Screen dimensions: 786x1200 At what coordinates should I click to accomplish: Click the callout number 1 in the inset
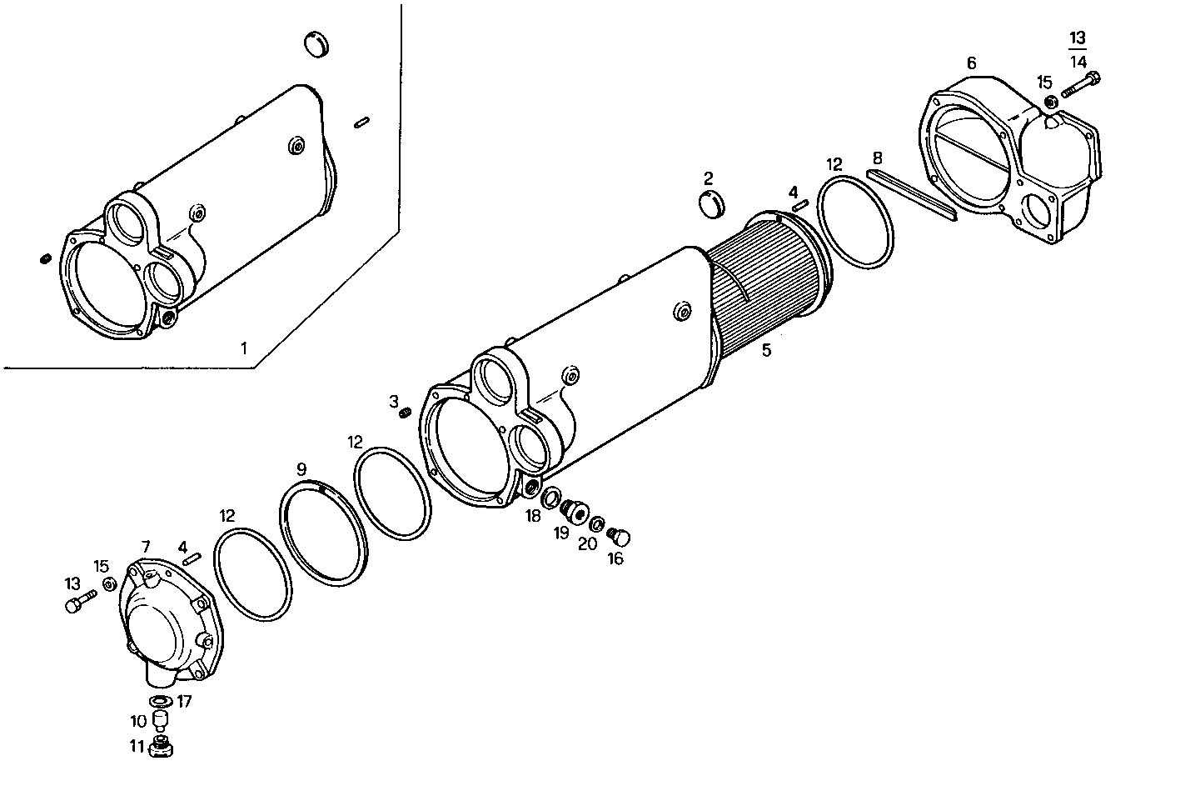pyautogui.click(x=244, y=348)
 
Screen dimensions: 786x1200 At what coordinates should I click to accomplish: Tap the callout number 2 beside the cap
pyautogui.click(x=708, y=178)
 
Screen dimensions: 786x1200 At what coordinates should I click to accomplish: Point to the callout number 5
pyautogui.click(x=766, y=350)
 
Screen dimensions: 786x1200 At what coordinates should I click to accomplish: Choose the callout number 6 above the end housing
pyautogui.click(x=971, y=63)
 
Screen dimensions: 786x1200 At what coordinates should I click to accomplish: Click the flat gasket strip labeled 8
pyautogui.click(x=912, y=193)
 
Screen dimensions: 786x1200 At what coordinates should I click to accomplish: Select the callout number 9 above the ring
pyautogui.click(x=301, y=469)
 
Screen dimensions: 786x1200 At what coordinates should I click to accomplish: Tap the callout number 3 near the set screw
pyautogui.click(x=394, y=401)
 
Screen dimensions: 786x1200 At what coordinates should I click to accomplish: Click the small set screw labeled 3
pyautogui.click(x=406, y=413)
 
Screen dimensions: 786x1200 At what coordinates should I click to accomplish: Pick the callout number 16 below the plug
pyautogui.click(x=615, y=558)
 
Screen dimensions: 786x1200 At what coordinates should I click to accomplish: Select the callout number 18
pyautogui.click(x=533, y=516)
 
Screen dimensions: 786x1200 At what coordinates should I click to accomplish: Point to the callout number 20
pyautogui.click(x=587, y=543)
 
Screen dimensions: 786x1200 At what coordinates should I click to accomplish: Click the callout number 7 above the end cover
pyautogui.click(x=146, y=547)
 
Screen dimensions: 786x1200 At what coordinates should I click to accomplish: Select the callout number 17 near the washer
pyautogui.click(x=184, y=702)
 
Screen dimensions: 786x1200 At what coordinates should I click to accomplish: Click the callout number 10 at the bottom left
pyautogui.click(x=137, y=720)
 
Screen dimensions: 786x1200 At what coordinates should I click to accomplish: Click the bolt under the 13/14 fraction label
pyautogui.click(x=1081, y=84)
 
